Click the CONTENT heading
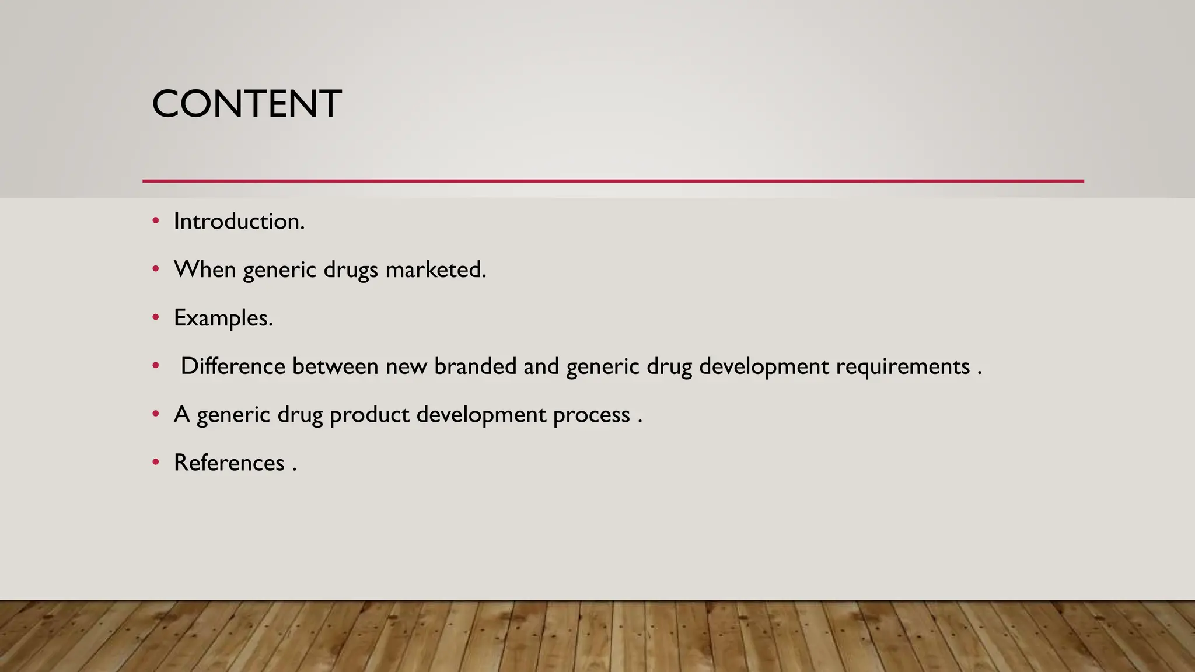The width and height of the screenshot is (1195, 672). (x=246, y=104)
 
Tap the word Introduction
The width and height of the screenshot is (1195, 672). (x=239, y=222)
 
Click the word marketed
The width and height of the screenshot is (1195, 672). (x=435, y=269)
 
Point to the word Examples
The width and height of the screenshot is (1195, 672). (x=223, y=318)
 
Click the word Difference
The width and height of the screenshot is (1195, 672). (x=233, y=366)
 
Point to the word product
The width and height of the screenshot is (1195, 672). (x=369, y=415)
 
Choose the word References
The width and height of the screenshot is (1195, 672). (x=229, y=463)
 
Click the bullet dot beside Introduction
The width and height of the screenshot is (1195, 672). (x=155, y=221)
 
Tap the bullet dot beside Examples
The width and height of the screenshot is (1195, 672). (x=155, y=317)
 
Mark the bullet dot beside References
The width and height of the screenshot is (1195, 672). (x=155, y=462)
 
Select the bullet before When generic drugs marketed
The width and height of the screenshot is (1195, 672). (x=155, y=269)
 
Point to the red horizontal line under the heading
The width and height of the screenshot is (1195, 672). (x=613, y=181)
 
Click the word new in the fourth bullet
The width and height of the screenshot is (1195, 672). (x=406, y=366)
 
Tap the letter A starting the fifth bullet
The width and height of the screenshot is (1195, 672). (x=182, y=415)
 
